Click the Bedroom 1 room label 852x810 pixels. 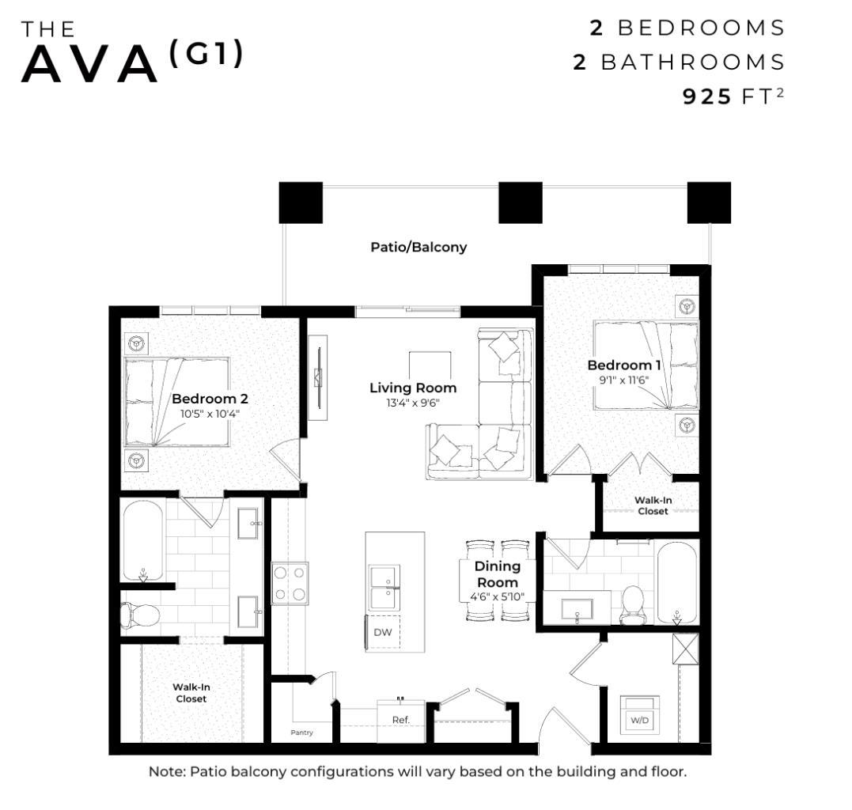click(623, 365)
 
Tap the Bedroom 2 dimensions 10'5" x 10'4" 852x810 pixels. click(210, 413)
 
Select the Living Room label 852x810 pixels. click(413, 388)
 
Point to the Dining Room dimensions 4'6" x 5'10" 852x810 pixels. click(497, 596)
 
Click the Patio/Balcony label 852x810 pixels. click(418, 247)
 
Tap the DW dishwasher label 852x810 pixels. click(383, 632)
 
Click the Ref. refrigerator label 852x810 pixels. click(400, 720)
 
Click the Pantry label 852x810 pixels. click(301, 732)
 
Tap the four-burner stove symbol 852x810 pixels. click(290, 583)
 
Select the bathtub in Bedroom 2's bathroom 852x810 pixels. click(143, 540)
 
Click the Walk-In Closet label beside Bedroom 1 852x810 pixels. click(653, 505)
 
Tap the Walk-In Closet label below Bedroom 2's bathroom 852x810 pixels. click(191, 693)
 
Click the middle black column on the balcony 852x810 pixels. click(520, 202)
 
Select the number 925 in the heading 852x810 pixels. click(707, 97)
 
